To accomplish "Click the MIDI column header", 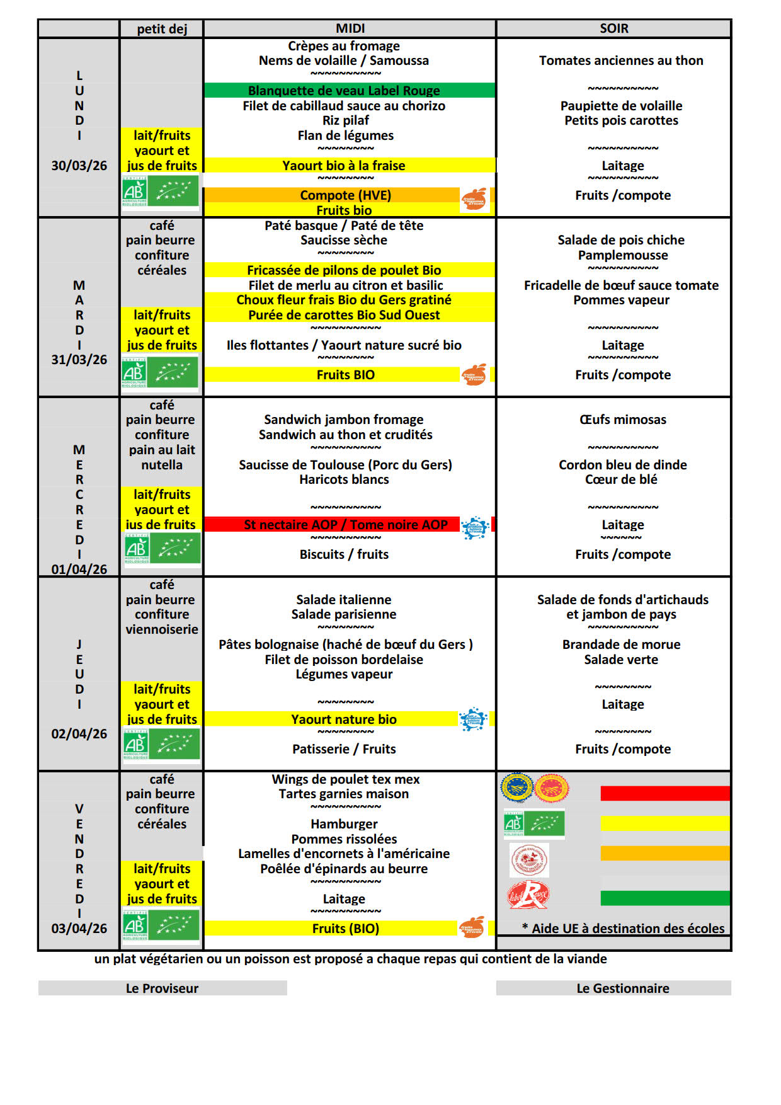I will point(350,28).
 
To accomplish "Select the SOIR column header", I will point(613,28).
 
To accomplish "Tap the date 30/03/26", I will point(79,166).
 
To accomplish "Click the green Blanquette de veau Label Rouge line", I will point(344,91).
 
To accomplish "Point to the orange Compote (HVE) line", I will point(345,195).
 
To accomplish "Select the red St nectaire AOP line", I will point(345,525).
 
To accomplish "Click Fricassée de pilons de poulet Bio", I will point(344,270).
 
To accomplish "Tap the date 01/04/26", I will point(79,570).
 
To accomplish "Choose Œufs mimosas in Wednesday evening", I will point(622,420).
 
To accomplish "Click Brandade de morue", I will point(621,644).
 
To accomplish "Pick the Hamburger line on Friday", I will point(344,824).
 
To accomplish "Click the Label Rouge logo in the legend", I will point(528,895).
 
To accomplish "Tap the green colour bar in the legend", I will point(664,898).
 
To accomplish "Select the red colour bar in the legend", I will point(664,793).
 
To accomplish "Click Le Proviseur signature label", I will point(162,988).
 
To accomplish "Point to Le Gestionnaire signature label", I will point(622,988).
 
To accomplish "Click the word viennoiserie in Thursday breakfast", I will point(162,629).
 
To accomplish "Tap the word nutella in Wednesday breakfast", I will point(162,465).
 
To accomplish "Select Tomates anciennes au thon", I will point(621,60).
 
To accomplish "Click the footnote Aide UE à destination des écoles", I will point(624,929).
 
